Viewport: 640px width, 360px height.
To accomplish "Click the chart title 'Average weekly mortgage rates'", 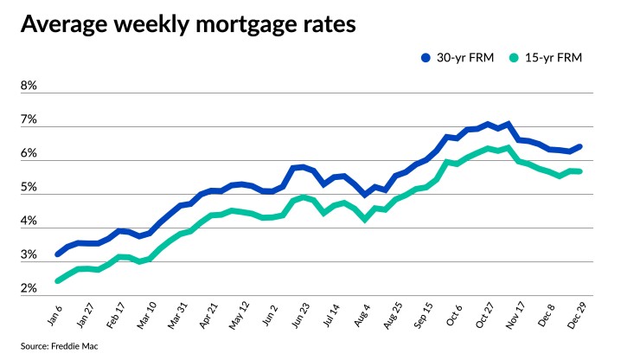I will (187, 25).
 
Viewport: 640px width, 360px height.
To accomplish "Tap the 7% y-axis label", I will (29, 120).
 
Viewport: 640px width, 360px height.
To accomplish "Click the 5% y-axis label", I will (29, 188).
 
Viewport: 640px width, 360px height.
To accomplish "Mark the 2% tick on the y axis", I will (29, 289).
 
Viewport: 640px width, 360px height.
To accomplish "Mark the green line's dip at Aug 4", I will (366, 220).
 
